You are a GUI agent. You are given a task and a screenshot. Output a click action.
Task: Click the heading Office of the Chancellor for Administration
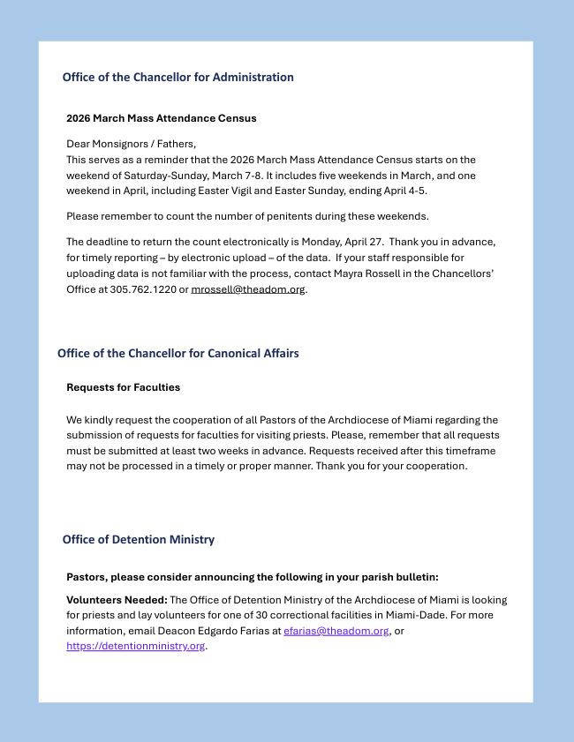point(177,78)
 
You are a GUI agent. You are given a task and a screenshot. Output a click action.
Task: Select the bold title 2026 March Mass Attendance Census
point(162,118)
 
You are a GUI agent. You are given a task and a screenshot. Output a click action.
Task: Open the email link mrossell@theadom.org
point(248,289)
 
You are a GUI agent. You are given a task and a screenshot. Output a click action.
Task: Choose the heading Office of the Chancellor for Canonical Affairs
point(177,354)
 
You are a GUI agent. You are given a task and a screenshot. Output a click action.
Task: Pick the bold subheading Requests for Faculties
point(123,387)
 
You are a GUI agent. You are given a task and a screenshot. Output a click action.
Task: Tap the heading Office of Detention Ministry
point(138,540)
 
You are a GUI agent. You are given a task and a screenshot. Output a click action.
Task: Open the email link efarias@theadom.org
point(336,631)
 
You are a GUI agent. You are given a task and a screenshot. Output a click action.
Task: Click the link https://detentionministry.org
point(135,646)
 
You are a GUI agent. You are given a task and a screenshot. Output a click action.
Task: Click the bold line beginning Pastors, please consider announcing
point(252,577)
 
